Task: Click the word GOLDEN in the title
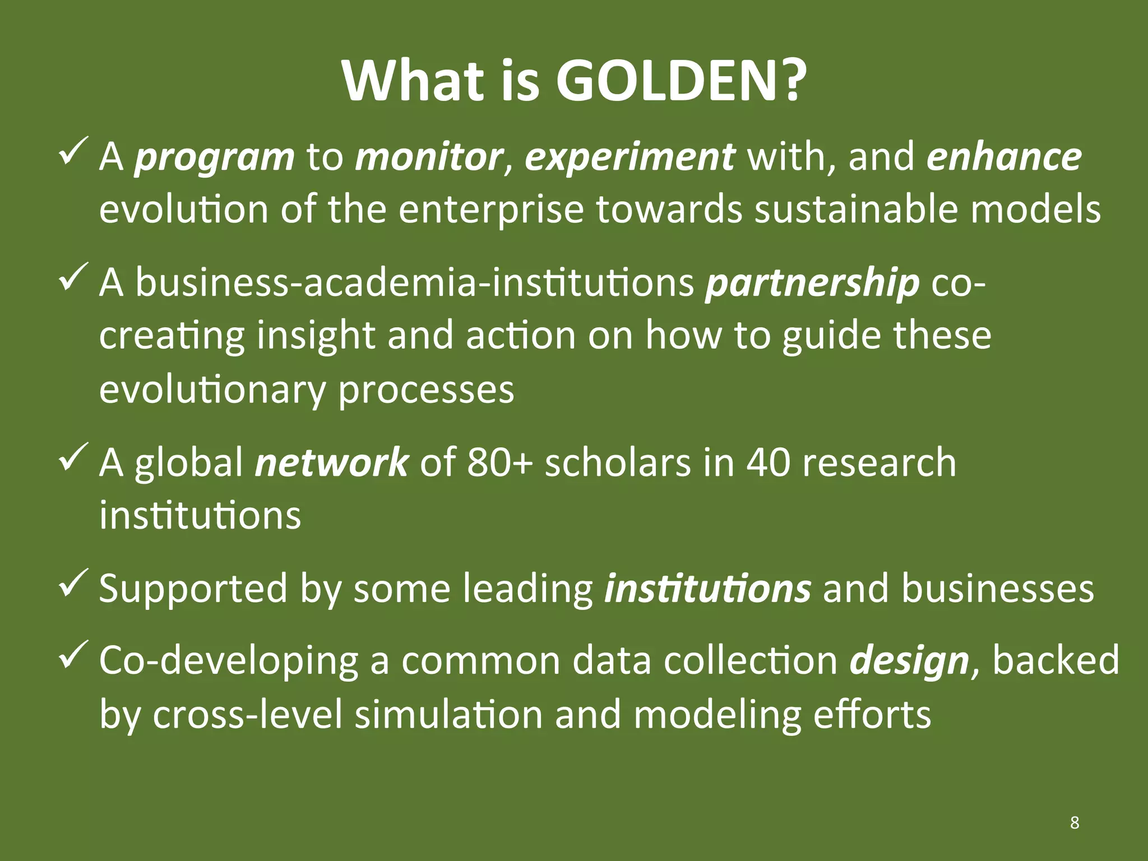coord(681,81)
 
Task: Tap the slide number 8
coord(1074,822)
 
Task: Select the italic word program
coord(214,157)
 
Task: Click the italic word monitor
coord(429,157)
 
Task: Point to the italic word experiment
coord(629,157)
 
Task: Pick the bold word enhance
coord(1004,157)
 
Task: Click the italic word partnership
coord(812,283)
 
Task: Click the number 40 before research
coord(767,463)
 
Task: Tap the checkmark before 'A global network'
coord(73,457)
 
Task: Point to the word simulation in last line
coord(448,715)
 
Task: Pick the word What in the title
coord(413,81)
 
